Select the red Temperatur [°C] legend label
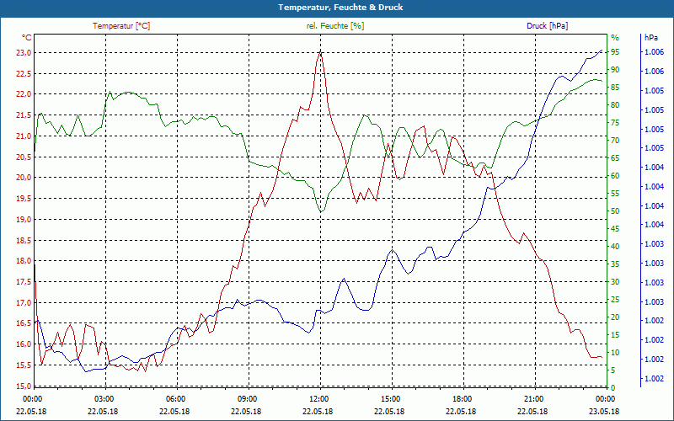click(x=121, y=26)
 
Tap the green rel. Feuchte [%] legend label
click(x=335, y=26)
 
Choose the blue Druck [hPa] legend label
click(x=547, y=26)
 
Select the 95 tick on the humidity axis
click(x=615, y=52)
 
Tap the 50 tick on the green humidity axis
click(x=615, y=211)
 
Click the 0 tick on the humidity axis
click(x=612, y=387)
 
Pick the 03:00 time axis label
click(x=104, y=398)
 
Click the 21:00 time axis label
click(x=533, y=398)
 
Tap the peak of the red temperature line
click(x=320, y=51)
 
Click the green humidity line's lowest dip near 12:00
click(x=321, y=211)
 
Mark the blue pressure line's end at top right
click(x=602, y=51)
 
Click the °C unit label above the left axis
click(x=27, y=38)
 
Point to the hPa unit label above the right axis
click(x=651, y=38)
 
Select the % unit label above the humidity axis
click(x=615, y=38)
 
